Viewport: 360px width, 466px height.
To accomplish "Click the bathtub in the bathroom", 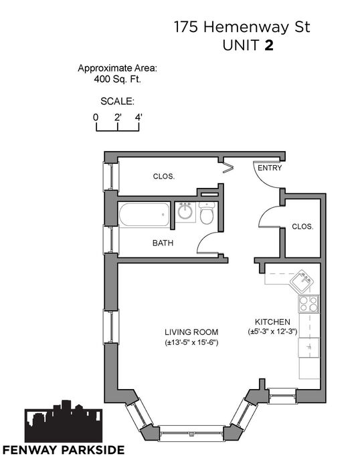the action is (145, 215).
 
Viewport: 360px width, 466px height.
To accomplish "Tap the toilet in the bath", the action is (207, 213).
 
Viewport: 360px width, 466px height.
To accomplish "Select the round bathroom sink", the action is (185, 212).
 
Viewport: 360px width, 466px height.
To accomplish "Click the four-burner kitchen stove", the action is (308, 304).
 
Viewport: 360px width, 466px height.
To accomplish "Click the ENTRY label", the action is (270, 168).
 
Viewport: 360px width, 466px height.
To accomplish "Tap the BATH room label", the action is (163, 243).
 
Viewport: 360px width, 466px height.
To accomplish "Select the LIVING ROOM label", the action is (191, 332).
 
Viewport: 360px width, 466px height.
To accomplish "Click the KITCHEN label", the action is (272, 322).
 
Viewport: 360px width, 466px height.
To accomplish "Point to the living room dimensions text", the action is (191, 343).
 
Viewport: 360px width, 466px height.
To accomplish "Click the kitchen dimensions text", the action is (272, 332).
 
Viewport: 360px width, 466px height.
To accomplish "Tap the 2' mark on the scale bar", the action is (118, 118).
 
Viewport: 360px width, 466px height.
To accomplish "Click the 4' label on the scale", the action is (139, 118).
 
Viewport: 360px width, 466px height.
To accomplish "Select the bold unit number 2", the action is (269, 45).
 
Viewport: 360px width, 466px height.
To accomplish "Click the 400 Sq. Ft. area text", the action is (117, 80).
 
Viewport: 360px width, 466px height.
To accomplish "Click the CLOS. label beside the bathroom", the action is (164, 177).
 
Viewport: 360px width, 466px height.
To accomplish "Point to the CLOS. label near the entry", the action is (302, 227).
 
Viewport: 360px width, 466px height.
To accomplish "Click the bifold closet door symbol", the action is (228, 168).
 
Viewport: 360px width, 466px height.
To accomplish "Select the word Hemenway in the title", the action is (246, 27).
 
